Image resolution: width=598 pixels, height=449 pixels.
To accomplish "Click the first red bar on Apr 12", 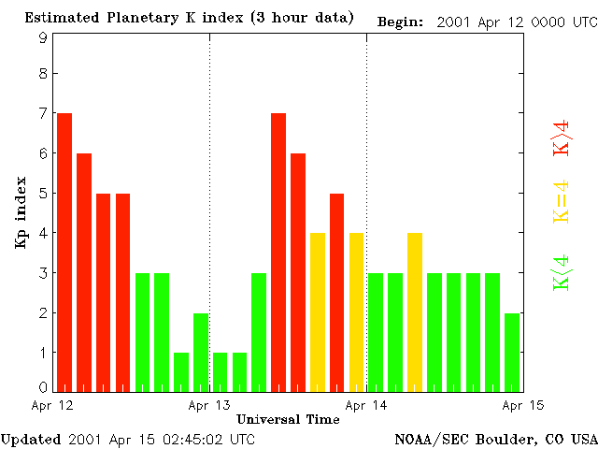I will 64,252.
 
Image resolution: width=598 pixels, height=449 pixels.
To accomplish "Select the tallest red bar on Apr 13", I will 278,252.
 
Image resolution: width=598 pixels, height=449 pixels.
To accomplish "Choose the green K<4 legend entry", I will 561,272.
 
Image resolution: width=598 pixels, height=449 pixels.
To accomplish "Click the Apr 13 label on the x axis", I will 209,405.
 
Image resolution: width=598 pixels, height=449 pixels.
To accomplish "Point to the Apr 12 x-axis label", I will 52,405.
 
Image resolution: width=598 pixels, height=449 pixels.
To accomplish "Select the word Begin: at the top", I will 401,22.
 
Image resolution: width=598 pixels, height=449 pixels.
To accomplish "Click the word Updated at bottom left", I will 31,439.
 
